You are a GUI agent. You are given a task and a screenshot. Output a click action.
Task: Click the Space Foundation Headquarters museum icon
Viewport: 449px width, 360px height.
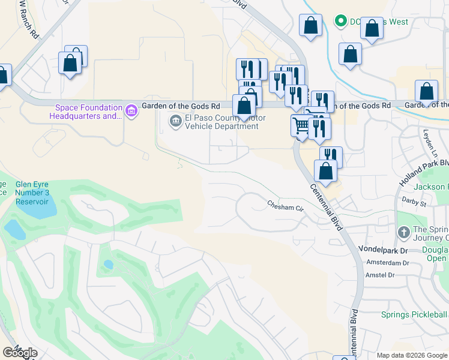pos(130,110)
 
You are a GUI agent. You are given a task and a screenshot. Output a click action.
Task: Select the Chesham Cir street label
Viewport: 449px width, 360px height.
pos(286,205)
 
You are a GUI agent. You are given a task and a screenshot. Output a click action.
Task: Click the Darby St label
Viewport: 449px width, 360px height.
pos(414,203)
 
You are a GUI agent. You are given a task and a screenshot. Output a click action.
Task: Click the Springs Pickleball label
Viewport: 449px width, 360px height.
pos(414,314)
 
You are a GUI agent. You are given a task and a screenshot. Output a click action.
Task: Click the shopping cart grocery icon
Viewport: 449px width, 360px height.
pos(301,125)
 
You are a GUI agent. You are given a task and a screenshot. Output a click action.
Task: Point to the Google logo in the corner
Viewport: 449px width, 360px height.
pos(20,353)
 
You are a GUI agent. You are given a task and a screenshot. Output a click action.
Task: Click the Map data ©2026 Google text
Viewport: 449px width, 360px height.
pos(412,355)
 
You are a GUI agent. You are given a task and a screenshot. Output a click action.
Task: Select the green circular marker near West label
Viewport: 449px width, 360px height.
pos(340,22)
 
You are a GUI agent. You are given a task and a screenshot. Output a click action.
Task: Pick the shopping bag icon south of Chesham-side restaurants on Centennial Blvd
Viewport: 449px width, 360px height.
pos(325,171)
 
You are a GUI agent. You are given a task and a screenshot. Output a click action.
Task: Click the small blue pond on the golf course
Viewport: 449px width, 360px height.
pos(108,264)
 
